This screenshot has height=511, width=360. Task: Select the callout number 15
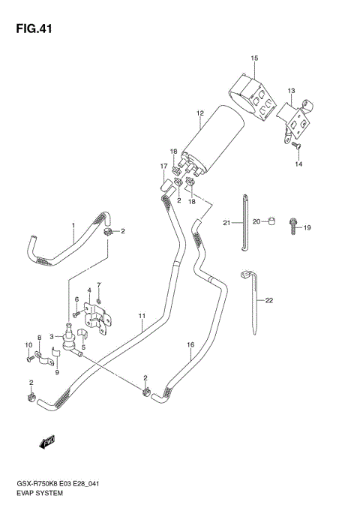click(x=254, y=58)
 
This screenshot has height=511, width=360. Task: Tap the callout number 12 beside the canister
click(x=200, y=113)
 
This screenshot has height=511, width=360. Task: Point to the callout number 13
click(x=291, y=89)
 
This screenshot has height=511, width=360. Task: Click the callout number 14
click(x=298, y=164)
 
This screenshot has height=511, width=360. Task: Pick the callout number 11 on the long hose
click(x=141, y=316)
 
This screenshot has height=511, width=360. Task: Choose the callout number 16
click(x=190, y=344)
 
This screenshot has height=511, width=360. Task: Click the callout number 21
click(x=225, y=222)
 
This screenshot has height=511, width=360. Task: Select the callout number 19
click(x=307, y=227)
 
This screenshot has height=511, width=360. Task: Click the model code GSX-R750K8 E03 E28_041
click(x=61, y=485)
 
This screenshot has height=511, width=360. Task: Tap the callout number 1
click(x=73, y=225)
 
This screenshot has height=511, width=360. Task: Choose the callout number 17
click(x=163, y=166)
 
